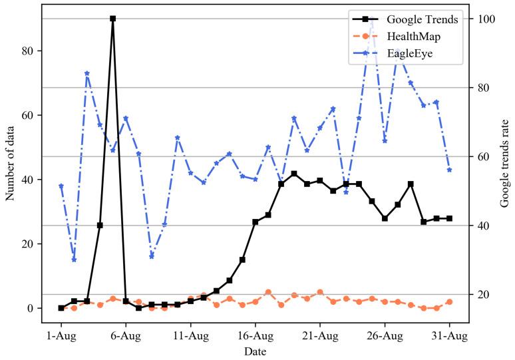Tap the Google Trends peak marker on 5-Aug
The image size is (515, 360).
(x=112, y=19)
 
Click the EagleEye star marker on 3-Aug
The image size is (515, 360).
(x=87, y=73)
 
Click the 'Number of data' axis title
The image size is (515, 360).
(x=11, y=164)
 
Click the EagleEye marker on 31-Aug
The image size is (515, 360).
(x=449, y=170)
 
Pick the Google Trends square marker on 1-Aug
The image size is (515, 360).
(x=61, y=308)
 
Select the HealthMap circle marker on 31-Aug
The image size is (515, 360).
(x=449, y=301)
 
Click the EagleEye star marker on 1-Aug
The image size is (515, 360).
(x=61, y=186)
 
